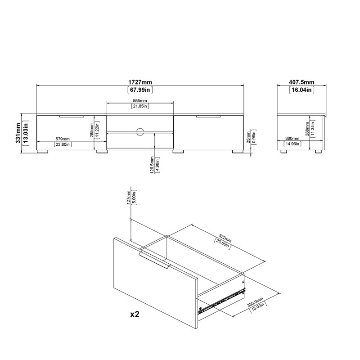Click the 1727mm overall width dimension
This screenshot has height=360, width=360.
point(140,82)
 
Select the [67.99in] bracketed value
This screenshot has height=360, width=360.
point(140,90)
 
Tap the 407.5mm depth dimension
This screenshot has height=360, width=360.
point(301,82)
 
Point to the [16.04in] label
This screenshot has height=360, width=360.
point(301,90)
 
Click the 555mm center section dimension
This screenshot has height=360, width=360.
point(140,100)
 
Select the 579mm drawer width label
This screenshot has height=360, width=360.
point(63,139)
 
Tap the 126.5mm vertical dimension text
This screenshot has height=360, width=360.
point(152,167)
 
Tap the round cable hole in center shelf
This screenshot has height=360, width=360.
point(140,131)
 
